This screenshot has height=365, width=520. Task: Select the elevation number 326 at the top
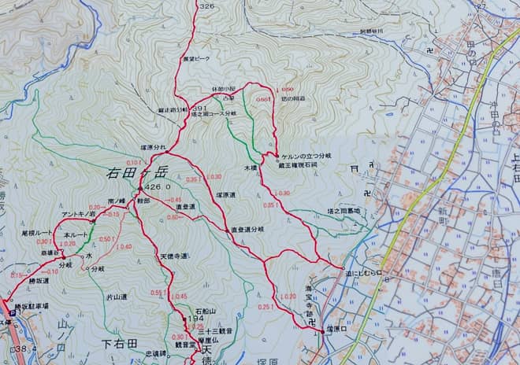pos(206,6)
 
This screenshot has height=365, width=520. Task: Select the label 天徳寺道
pos(173,256)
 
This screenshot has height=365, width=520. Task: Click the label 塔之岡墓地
pos(344,211)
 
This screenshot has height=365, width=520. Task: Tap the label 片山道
pos(116,297)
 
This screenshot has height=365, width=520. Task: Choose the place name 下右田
pos(121,344)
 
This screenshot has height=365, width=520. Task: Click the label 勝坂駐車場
pos(31,306)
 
